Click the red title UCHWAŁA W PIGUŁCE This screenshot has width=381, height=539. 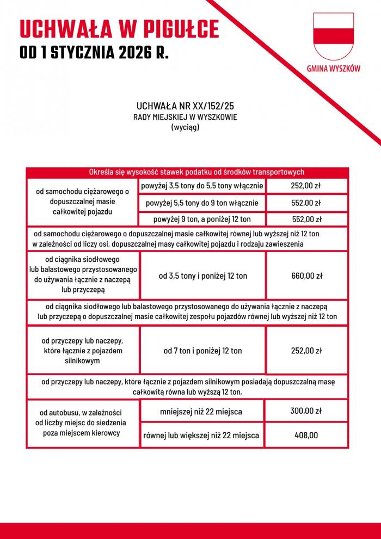click(x=119, y=29)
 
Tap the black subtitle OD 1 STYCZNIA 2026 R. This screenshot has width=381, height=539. click(x=94, y=53)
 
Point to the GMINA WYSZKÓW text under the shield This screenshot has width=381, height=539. click(x=333, y=69)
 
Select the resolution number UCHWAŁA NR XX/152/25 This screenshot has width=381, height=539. click(x=185, y=106)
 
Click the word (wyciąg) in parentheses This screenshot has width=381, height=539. click(x=185, y=127)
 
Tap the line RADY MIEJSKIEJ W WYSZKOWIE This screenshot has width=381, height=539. click(x=185, y=117)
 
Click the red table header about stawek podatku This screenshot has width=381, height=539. click(x=187, y=172)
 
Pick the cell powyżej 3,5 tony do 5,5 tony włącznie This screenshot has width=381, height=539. click(x=202, y=186)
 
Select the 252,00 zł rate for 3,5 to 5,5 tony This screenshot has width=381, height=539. click(x=306, y=186)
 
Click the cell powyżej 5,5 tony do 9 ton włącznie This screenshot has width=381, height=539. click(x=202, y=203)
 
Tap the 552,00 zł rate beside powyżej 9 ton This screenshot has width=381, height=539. click(x=306, y=219)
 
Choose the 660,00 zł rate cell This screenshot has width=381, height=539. click(x=306, y=275)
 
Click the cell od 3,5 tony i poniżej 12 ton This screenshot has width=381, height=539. click(x=202, y=275)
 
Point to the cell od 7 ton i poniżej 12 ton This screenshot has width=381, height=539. click(x=202, y=351)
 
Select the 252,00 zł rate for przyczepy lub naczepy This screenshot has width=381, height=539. click(x=306, y=351)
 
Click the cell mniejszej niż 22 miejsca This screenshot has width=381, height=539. click(x=201, y=411)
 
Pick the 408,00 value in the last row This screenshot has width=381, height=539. click(x=306, y=435)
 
